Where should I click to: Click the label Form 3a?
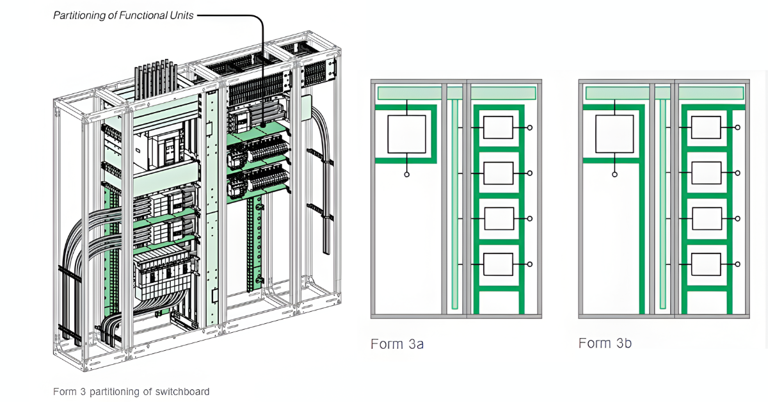tap(397, 344)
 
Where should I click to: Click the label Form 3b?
tap(605, 344)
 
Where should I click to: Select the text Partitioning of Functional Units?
tap(123, 15)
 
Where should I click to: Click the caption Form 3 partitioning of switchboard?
tap(131, 391)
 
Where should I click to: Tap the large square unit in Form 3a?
tap(407, 134)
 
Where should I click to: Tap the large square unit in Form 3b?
tap(614, 134)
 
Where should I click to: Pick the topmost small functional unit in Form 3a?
tap(499, 127)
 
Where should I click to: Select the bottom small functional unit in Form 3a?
tap(499, 264)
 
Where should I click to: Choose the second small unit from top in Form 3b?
tap(706, 173)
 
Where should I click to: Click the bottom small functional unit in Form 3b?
tap(706, 264)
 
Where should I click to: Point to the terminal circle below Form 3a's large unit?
tap(407, 174)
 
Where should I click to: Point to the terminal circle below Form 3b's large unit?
tap(614, 174)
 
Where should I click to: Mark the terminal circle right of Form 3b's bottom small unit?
tap(738, 264)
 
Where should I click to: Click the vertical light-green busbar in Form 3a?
tap(454, 205)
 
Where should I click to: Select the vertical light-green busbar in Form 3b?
tap(662, 205)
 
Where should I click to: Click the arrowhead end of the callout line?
tap(263, 122)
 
